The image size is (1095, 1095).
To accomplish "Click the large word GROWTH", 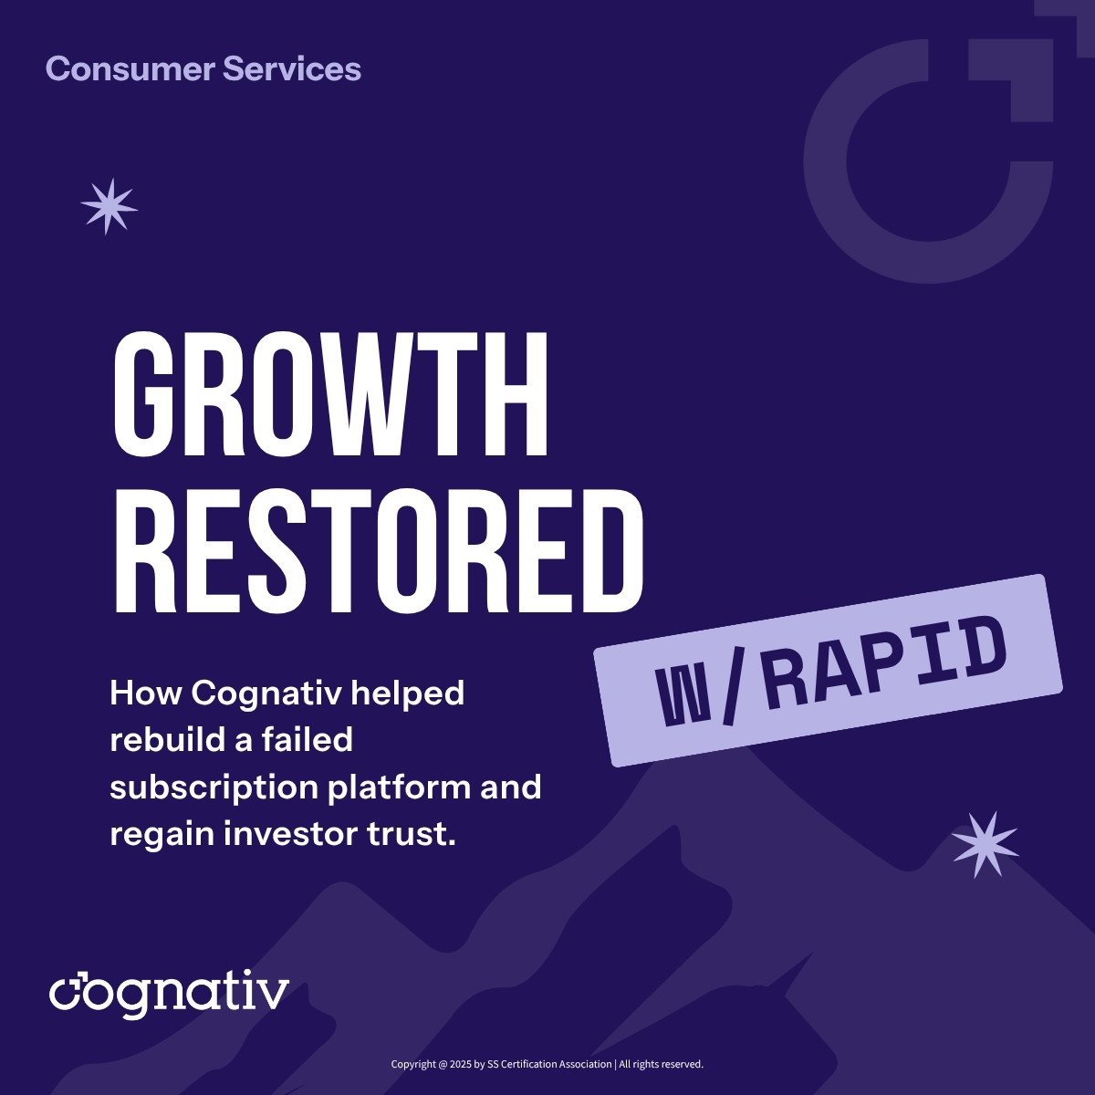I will (331, 395).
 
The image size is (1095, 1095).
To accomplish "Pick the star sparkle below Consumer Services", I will (109, 206).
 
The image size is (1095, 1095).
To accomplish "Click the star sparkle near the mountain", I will (985, 845).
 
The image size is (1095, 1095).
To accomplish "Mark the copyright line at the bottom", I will (547, 1064).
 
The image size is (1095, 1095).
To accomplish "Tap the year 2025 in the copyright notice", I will (462, 1064).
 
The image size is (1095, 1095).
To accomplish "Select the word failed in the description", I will (307, 739).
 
